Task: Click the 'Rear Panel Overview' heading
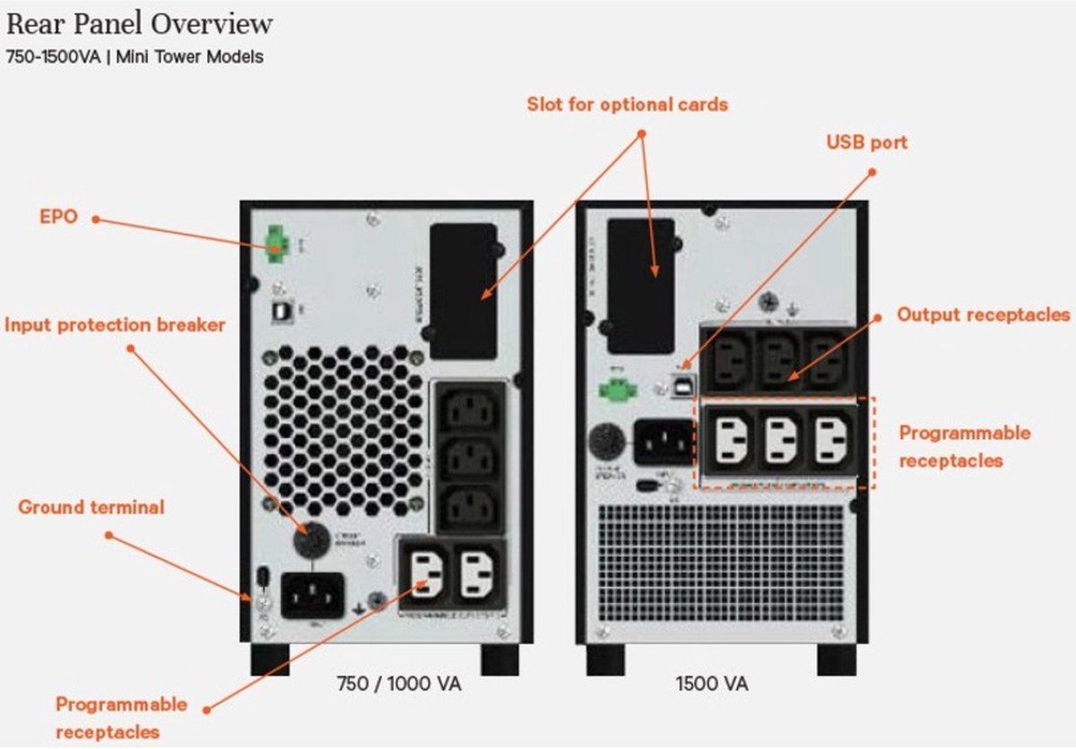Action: (140, 24)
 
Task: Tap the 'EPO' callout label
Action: (58, 218)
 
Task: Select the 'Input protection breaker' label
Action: (115, 324)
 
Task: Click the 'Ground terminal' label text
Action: (91, 507)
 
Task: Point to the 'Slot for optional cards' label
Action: (627, 104)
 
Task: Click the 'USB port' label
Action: (866, 142)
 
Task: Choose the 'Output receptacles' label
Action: (984, 314)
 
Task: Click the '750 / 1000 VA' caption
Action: (397, 684)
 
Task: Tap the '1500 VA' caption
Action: (711, 684)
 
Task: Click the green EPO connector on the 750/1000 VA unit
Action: (273, 242)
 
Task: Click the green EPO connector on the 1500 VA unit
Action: (616, 389)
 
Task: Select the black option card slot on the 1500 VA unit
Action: (641, 285)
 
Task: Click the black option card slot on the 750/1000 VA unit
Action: (463, 290)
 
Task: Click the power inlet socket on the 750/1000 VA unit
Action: (312, 595)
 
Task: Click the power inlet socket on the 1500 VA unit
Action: (664, 442)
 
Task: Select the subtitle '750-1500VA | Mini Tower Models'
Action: (134, 56)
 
